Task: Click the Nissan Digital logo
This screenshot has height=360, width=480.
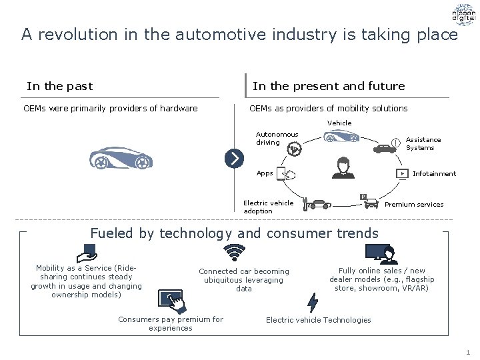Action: (x=463, y=14)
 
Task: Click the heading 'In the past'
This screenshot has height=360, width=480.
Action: (x=59, y=86)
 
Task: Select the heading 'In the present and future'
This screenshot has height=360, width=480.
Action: (x=329, y=86)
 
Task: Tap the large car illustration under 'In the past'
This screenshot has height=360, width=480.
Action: (x=121, y=157)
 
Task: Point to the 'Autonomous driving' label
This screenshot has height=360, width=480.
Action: (x=277, y=138)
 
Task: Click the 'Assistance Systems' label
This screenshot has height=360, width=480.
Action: (x=423, y=144)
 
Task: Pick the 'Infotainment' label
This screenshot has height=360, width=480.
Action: (x=434, y=174)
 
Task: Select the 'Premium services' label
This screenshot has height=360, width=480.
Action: (x=413, y=205)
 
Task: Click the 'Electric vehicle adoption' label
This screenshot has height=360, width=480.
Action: (x=268, y=207)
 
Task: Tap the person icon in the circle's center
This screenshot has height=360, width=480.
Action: (x=343, y=168)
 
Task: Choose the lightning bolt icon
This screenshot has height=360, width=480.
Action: (x=312, y=303)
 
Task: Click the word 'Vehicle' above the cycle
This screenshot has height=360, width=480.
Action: (x=339, y=123)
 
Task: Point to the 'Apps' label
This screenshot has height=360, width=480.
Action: (x=265, y=173)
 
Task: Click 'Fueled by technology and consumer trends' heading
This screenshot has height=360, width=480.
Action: (x=234, y=233)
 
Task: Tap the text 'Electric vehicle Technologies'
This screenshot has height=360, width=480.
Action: (x=318, y=320)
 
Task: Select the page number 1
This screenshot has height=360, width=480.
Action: (x=468, y=352)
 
